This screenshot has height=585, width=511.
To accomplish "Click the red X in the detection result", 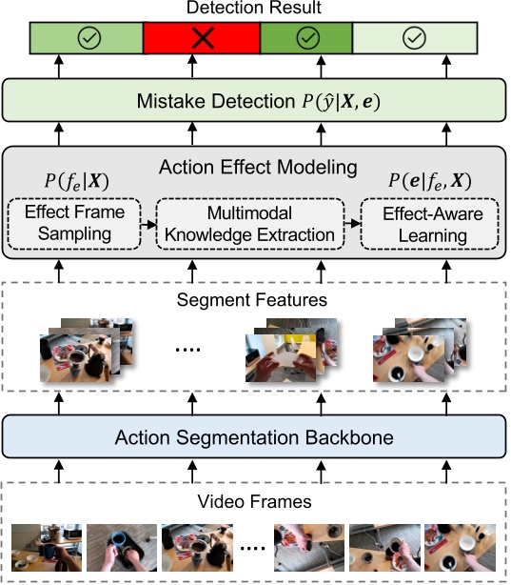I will (201, 39).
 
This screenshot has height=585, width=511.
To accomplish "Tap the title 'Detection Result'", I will (254, 9).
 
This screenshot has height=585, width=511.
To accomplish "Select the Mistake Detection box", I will (254, 100).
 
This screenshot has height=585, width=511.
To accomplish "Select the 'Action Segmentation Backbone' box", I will (254, 437).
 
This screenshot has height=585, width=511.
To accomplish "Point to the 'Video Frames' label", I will (254, 500).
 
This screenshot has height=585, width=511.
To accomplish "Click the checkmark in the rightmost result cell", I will (412, 39).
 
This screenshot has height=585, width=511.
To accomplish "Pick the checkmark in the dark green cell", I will (305, 39).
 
